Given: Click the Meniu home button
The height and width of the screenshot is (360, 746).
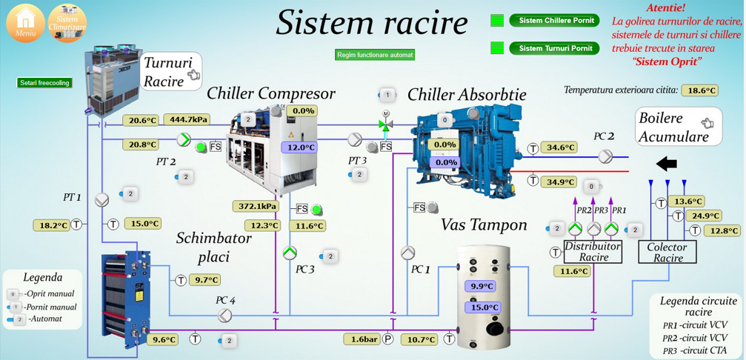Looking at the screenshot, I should point(25,22).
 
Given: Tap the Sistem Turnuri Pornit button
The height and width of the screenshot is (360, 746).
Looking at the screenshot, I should point(555,48).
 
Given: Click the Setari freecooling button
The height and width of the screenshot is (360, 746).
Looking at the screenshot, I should point(44,83).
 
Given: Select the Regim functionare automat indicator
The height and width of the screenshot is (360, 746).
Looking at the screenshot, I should point(375,55).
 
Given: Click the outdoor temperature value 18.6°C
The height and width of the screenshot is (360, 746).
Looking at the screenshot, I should point(701,90).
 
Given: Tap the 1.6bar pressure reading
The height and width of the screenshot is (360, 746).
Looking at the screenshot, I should point(362,339).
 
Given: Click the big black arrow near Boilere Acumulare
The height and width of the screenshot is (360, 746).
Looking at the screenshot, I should point(667,163).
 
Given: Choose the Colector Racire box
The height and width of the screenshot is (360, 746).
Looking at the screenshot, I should point(667,252).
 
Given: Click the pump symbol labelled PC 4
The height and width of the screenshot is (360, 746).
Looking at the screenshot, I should point(224,316).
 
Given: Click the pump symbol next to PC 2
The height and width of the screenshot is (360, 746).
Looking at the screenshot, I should point(606,156).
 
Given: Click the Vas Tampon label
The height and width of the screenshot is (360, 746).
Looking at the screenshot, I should point(484,224).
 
